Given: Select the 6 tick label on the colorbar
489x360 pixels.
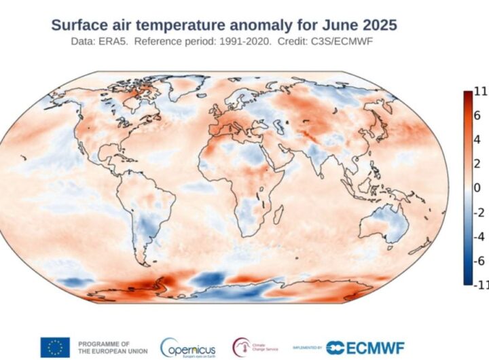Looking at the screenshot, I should coord(477,115).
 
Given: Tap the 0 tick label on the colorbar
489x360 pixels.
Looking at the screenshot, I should coord(477,187).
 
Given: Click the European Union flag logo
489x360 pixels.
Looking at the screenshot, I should coord(54,347).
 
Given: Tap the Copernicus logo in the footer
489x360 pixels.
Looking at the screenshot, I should coord(188,348).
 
